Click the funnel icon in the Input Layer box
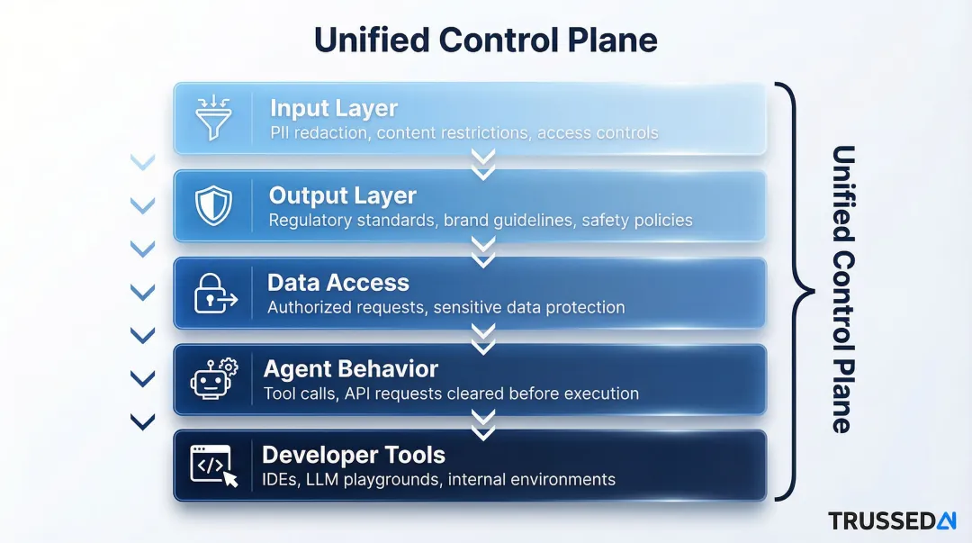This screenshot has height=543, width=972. pyautogui.click(x=213, y=118)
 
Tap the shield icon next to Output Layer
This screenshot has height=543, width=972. pyautogui.click(x=213, y=205)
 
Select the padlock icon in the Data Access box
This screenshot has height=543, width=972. pyautogui.click(x=214, y=294)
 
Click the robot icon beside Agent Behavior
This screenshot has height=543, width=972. pyautogui.click(x=213, y=379)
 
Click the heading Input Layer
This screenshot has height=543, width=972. pyautogui.click(x=333, y=109)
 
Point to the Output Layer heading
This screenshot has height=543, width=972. pyautogui.click(x=343, y=195)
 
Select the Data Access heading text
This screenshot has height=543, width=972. pyautogui.click(x=338, y=283)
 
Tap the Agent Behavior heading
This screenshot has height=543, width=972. pyautogui.click(x=351, y=369)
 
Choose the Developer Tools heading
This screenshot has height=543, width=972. pyautogui.click(x=354, y=454)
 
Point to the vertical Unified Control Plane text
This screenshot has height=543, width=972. pyautogui.click(x=841, y=288)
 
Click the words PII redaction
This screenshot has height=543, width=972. pyautogui.click(x=319, y=133)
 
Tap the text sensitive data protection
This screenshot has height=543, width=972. pyautogui.click(x=528, y=307)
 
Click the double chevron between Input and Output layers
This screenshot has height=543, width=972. pyautogui.click(x=484, y=163)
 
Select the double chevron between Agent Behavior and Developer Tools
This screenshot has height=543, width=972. pyautogui.click(x=484, y=423)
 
